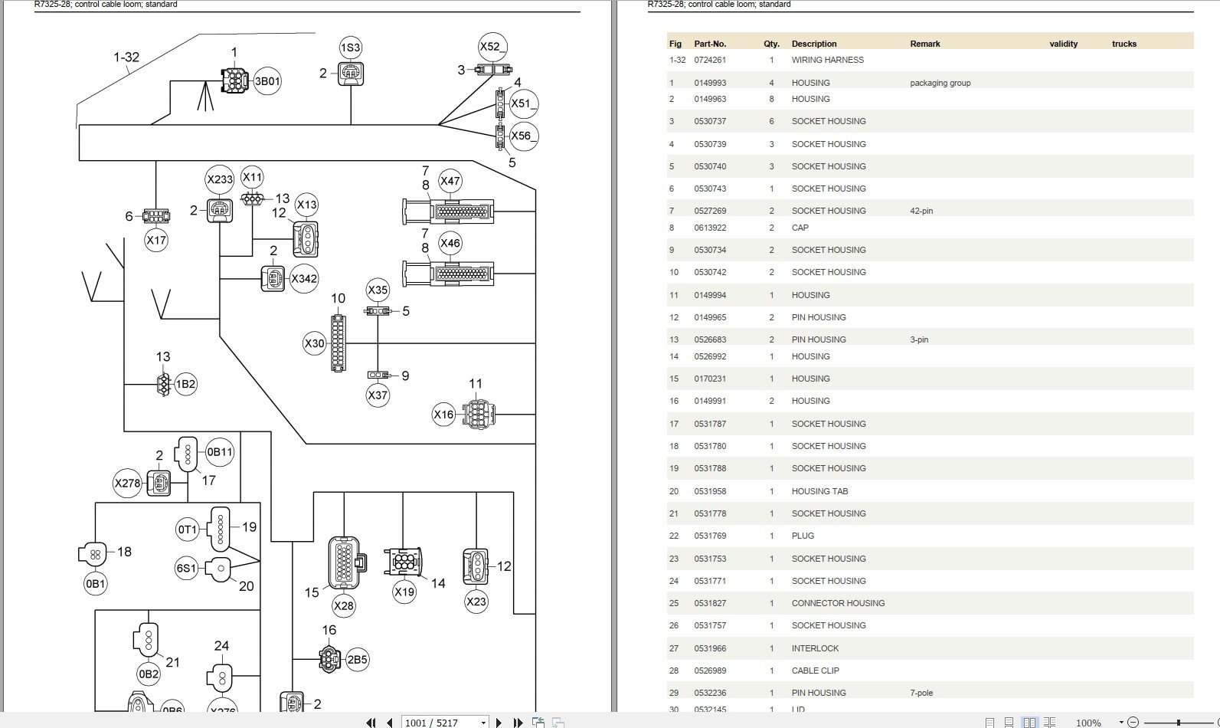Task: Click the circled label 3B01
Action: [x=267, y=81]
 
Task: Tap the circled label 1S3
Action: [x=350, y=48]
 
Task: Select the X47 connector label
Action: [x=450, y=181]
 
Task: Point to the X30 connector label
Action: [x=314, y=343]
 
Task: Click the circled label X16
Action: [x=443, y=415]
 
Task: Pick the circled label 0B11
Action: [x=220, y=451]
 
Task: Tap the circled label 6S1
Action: [x=186, y=569]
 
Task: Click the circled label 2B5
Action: [x=357, y=659]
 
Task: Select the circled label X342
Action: [x=304, y=278]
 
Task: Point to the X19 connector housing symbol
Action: [x=404, y=561]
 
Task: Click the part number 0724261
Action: [x=710, y=60]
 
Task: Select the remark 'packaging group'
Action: [x=940, y=83]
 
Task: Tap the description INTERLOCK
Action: [x=815, y=648]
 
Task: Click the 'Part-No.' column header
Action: [x=710, y=44]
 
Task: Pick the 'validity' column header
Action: [x=1063, y=44]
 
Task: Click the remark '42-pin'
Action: [x=921, y=211]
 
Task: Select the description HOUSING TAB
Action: [x=819, y=491]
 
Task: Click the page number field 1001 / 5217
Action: [x=444, y=723]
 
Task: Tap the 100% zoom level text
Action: [x=1088, y=723]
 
